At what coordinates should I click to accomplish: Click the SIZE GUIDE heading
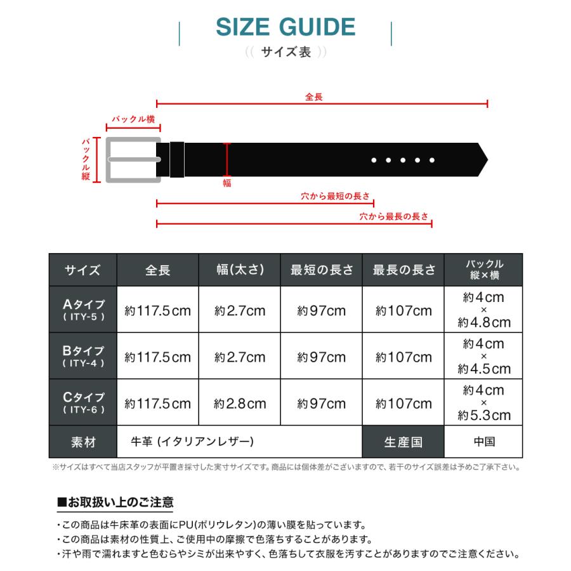tap(285, 27)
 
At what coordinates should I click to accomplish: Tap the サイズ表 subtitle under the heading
tap(286, 53)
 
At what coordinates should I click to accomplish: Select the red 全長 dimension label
tap(314, 97)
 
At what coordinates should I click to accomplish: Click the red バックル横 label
tap(133, 119)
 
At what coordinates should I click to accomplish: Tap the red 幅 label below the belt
tap(227, 183)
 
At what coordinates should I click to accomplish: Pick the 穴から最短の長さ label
tap(336, 197)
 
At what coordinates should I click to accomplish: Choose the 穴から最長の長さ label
tap(394, 216)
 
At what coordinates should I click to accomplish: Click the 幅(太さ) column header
tap(240, 270)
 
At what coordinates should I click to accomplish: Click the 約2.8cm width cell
tap(240, 404)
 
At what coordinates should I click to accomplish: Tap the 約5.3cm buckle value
tap(484, 416)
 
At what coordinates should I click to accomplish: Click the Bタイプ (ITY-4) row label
tap(83, 357)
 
